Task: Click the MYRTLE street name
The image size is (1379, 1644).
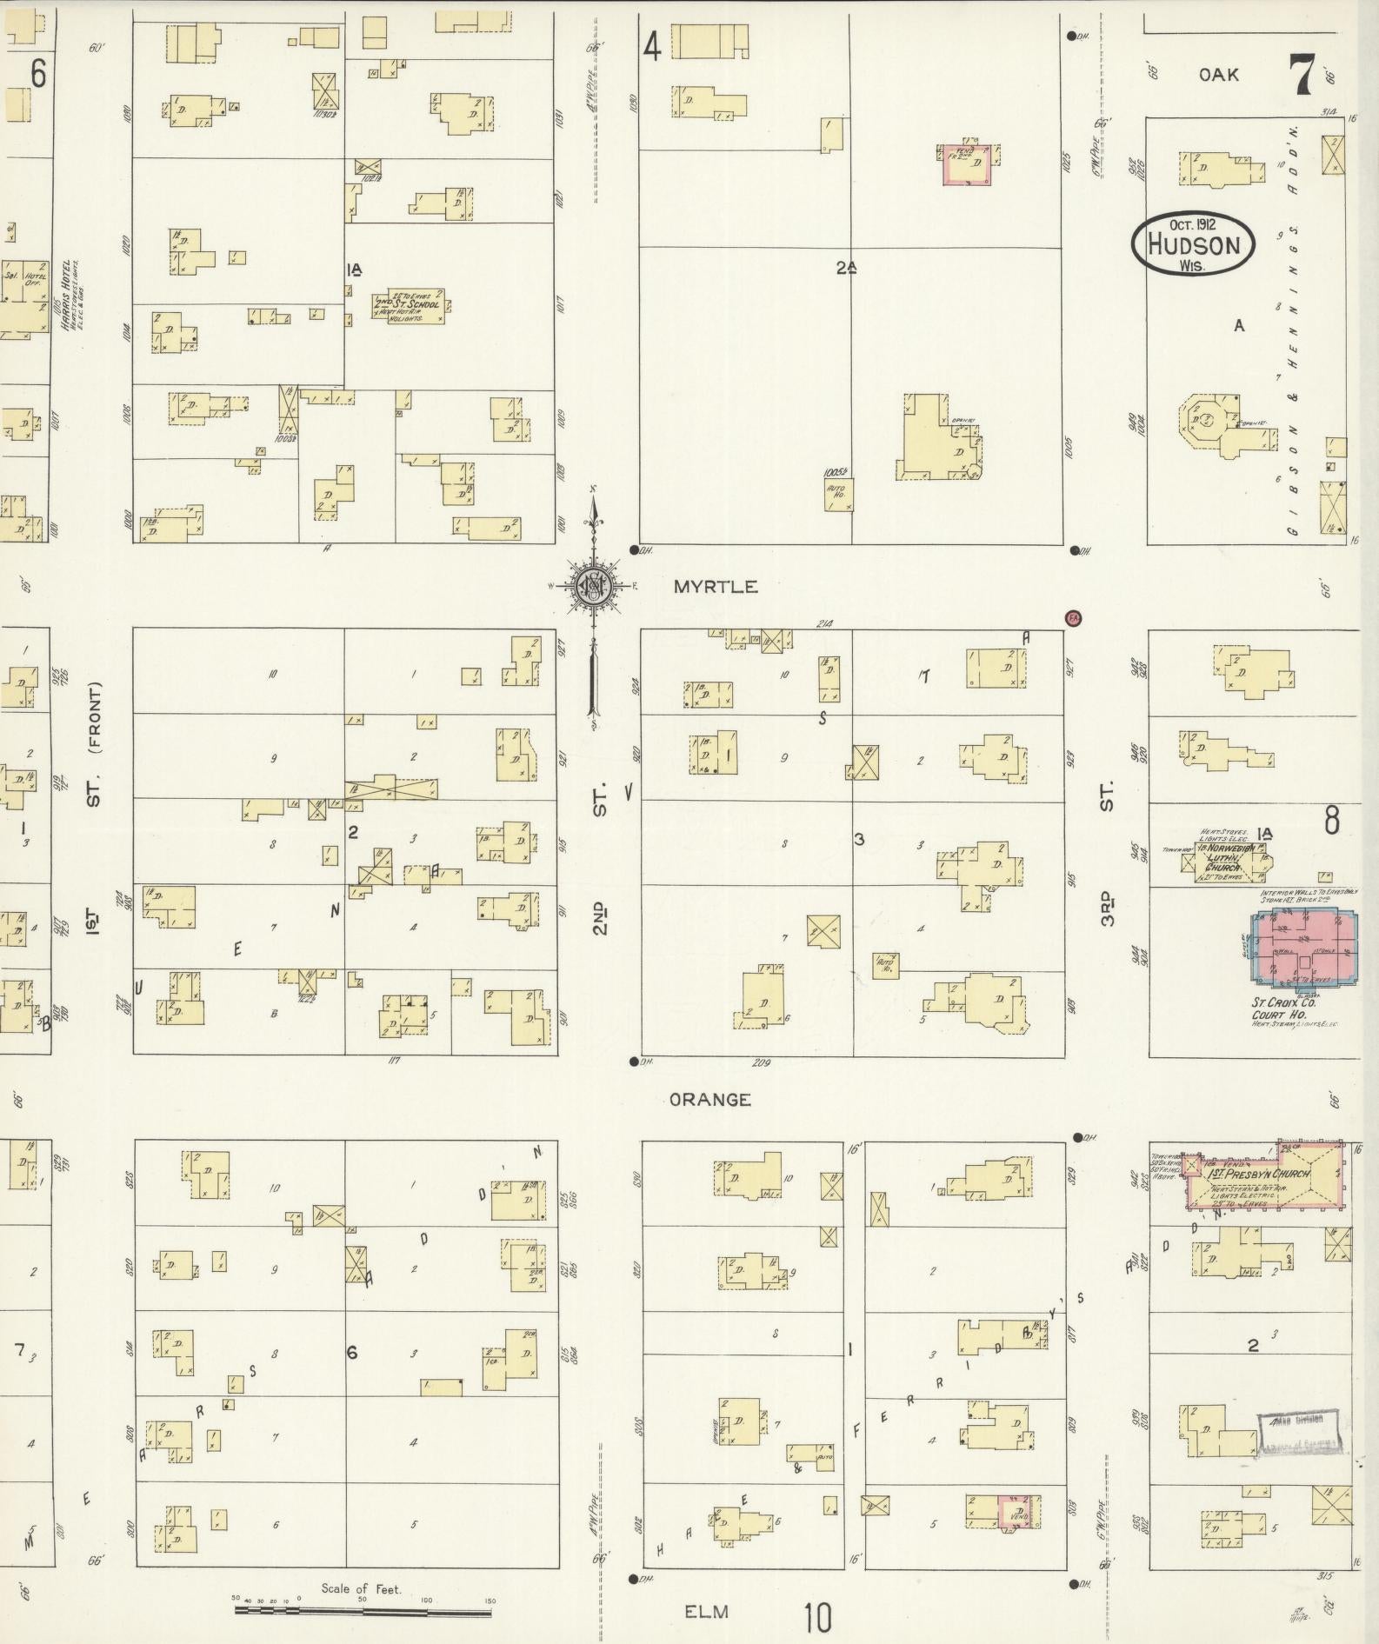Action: click(715, 587)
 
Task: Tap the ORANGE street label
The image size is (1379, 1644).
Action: click(710, 1100)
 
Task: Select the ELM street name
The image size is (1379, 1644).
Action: click(705, 1611)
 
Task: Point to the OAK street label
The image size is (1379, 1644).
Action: click(1218, 75)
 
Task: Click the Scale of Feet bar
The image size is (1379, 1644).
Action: click(363, 1610)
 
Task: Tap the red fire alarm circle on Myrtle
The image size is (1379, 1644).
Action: click(1073, 618)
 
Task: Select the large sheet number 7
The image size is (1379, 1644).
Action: click(1301, 76)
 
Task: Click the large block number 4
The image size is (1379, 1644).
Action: click(652, 45)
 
